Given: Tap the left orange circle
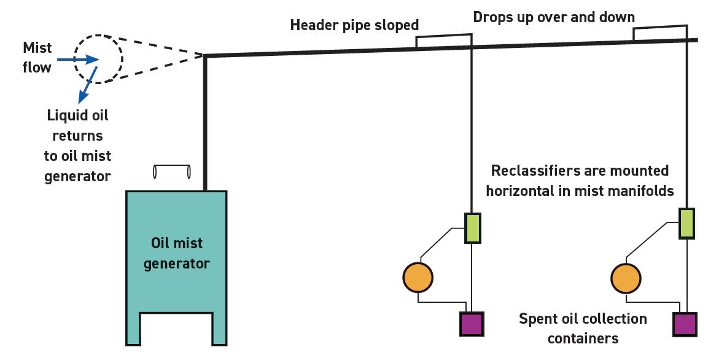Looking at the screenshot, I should click(418, 278).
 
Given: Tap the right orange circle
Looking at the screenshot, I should click(627, 278).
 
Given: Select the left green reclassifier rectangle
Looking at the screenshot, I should click(472, 228).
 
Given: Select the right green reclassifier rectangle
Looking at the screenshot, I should click(686, 223).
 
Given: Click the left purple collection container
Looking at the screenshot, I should click(472, 323).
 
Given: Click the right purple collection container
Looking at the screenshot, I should click(685, 324).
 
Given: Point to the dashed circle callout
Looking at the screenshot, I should click(99, 58).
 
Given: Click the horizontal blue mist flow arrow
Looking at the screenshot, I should click(77, 60).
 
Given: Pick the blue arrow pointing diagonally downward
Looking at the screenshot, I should click(88, 85).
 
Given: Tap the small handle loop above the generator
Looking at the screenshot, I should click(172, 172).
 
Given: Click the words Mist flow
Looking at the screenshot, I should click(37, 57).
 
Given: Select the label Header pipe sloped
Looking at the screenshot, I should click(354, 25).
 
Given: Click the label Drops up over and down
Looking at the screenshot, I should click(554, 17).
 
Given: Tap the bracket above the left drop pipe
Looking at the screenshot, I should click(444, 39).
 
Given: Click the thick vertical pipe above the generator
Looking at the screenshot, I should click(206, 123).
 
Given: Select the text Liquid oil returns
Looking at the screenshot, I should click(77, 125).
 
